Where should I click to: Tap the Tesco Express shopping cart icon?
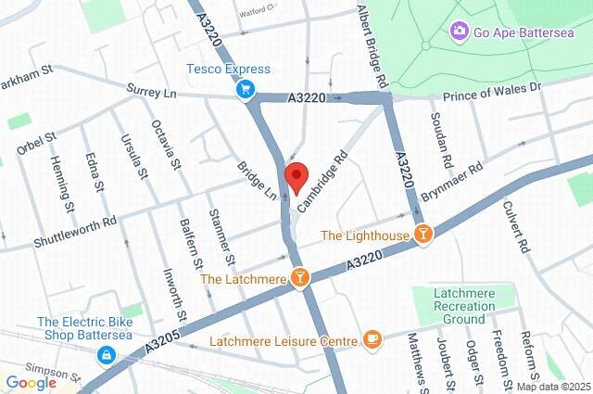pos(246,89)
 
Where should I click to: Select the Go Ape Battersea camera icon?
pos(459,32)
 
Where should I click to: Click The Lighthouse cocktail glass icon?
pos(423,235)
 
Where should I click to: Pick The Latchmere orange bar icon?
pos(301,278)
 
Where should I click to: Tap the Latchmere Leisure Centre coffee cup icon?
pos(372,340)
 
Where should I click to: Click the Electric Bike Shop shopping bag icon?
pos(108,355)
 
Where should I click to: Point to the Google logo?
pos(31,383)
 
